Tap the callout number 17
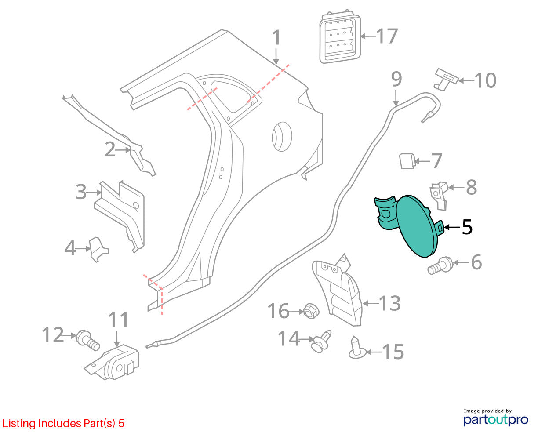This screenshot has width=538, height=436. (387, 36)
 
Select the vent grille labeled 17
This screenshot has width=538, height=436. (340, 37)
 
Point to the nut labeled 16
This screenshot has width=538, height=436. (311, 311)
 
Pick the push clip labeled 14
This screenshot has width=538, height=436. (321, 341)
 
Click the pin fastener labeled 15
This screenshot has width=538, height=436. (357, 348)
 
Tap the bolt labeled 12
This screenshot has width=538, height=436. (88, 340)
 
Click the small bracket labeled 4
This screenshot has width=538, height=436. (99, 249)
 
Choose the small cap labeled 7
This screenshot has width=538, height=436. (407, 161)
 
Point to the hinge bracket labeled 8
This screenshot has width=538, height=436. (439, 196)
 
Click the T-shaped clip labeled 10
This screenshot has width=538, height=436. (446, 79)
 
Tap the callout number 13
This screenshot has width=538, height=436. (389, 303)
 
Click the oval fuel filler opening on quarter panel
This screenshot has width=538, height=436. (282, 136)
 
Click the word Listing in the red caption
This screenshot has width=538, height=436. (19, 424)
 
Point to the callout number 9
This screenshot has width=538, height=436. (396, 79)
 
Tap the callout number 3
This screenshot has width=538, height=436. (81, 192)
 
